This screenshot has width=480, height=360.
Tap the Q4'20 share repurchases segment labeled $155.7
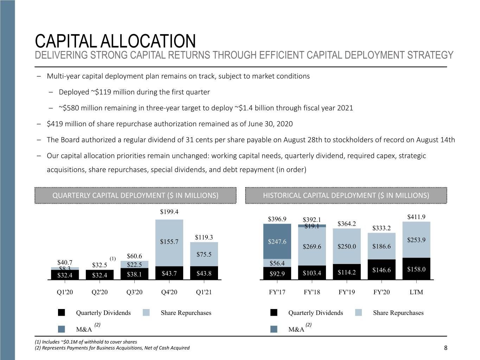pos(169,243)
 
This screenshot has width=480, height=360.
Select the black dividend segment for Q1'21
pos(204,273)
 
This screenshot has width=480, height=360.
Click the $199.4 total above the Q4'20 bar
pos(169,212)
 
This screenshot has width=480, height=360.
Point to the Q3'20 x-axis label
pos(134,292)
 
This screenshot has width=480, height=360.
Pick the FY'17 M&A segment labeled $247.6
pos(277,241)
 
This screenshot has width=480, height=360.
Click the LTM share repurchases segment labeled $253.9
pos(416,240)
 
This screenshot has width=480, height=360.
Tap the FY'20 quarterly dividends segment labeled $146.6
pos(382,270)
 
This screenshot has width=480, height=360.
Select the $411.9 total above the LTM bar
pos(416,217)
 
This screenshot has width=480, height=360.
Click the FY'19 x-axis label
pos(347,292)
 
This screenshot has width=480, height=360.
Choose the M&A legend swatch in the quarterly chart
pos(62,329)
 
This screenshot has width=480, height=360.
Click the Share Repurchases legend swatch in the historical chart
pos(358,313)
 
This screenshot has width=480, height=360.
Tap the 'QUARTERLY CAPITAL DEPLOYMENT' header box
pos(136,195)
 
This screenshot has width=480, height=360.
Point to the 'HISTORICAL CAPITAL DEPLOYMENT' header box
pos(346,195)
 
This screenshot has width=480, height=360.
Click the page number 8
pos(446,348)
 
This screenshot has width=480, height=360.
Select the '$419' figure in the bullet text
pos(55,124)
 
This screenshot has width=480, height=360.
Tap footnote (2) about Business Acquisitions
pos(112,348)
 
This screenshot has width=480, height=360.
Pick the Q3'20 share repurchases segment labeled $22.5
pos(134,264)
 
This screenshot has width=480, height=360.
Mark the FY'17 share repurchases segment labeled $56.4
pos(277,263)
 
